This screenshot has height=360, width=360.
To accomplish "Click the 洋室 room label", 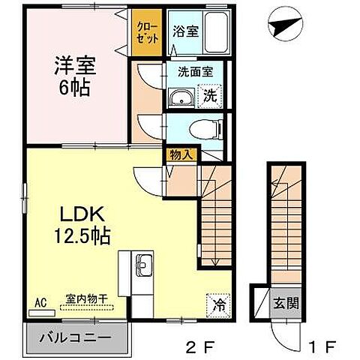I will [72, 65].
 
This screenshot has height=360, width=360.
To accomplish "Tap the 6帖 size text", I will [72, 88].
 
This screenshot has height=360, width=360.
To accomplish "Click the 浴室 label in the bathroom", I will [184, 31].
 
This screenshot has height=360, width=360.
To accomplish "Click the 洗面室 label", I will [195, 73].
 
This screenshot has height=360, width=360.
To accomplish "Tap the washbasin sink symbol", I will [181, 97].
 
